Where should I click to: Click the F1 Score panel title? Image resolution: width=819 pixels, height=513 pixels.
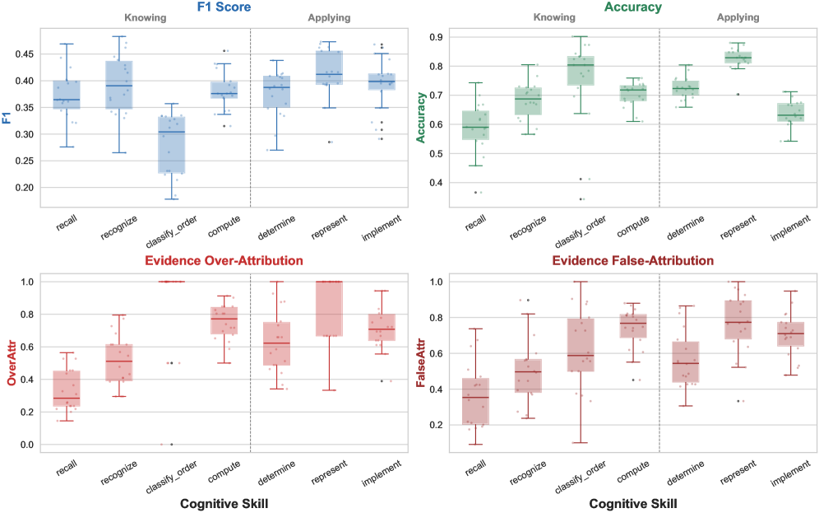pyautogui.click(x=224, y=7)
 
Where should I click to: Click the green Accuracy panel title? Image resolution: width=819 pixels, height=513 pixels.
pyautogui.click(x=632, y=7)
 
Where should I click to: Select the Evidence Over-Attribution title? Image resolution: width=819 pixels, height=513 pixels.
pyautogui.click(x=224, y=261)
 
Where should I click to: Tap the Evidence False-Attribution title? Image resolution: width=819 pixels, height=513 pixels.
pyautogui.click(x=632, y=261)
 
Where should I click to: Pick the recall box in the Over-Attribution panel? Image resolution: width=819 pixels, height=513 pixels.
pyautogui.click(x=67, y=389)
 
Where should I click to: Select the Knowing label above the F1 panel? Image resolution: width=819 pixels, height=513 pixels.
pyautogui.click(x=145, y=17)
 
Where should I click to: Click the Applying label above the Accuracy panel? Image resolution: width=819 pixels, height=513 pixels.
pyautogui.click(x=738, y=17)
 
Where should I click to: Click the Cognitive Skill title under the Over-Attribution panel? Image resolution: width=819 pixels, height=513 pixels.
pyautogui.click(x=224, y=502)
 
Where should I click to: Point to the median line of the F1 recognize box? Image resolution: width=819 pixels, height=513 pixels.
pyautogui.click(x=119, y=86)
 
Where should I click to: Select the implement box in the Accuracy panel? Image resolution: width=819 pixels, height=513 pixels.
pyautogui.click(x=790, y=112)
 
